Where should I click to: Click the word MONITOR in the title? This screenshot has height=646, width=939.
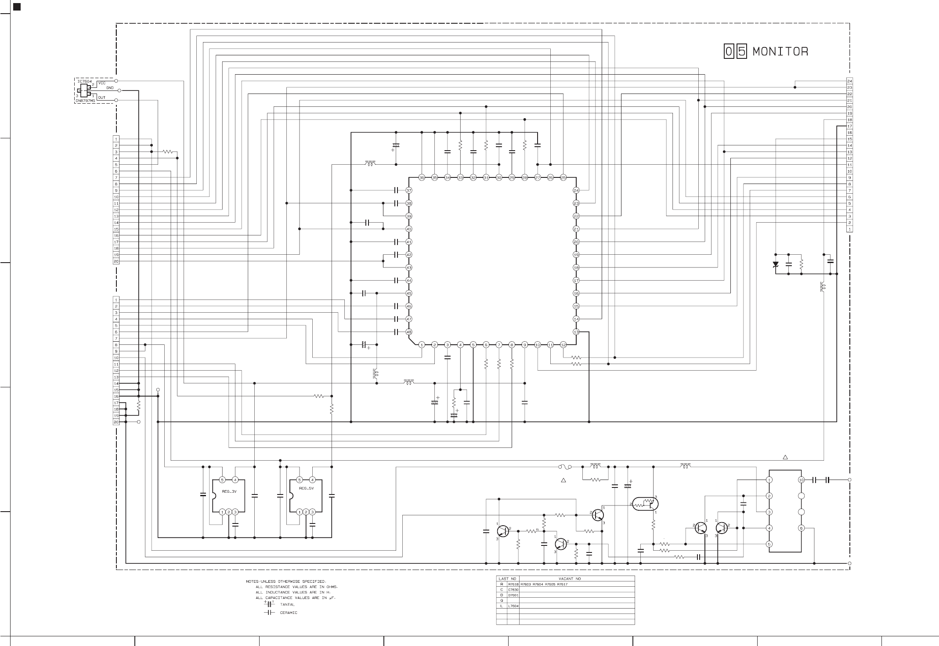click(780, 52)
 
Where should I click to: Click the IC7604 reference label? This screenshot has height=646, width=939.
click(84, 81)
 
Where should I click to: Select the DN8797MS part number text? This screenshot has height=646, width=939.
click(85, 101)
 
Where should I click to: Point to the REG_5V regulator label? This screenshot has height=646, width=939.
click(306, 488)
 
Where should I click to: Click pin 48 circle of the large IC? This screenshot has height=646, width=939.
click(408, 332)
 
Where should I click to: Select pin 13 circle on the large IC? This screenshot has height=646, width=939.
click(576, 332)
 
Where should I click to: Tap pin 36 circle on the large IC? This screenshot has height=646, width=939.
click(422, 177)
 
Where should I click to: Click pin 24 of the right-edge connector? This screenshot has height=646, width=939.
click(849, 81)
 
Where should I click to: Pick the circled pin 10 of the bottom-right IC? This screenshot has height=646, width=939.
click(802, 480)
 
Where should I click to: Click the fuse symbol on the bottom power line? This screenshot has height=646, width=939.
click(564, 466)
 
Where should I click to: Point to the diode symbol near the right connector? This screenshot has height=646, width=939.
click(776, 264)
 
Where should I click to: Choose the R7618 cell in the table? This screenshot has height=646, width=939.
click(513, 584)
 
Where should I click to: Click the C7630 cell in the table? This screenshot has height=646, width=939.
click(513, 589)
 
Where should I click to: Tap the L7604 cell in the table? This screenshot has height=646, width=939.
click(513, 606)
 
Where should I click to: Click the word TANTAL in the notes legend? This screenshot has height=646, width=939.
click(287, 605)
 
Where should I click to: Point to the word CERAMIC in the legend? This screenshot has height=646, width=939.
click(289, 613)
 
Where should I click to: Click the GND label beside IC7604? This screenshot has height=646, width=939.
click(110, 88)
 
